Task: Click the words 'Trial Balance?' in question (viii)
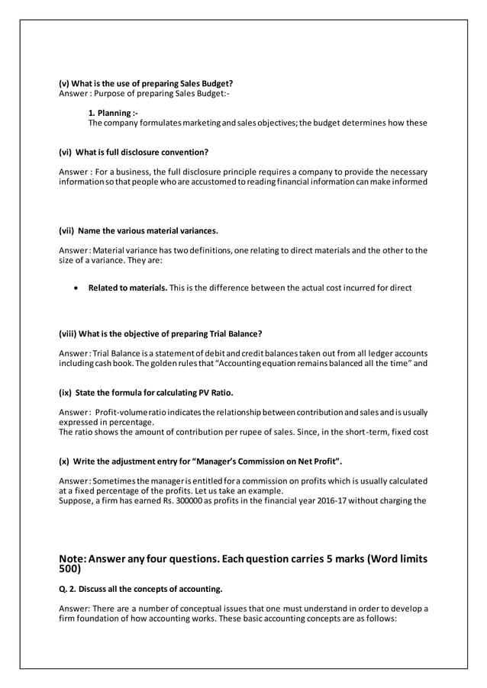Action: pyautogui.click(x=236, y=333)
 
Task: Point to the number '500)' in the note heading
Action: pyautogui.click(x=69, y=568)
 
